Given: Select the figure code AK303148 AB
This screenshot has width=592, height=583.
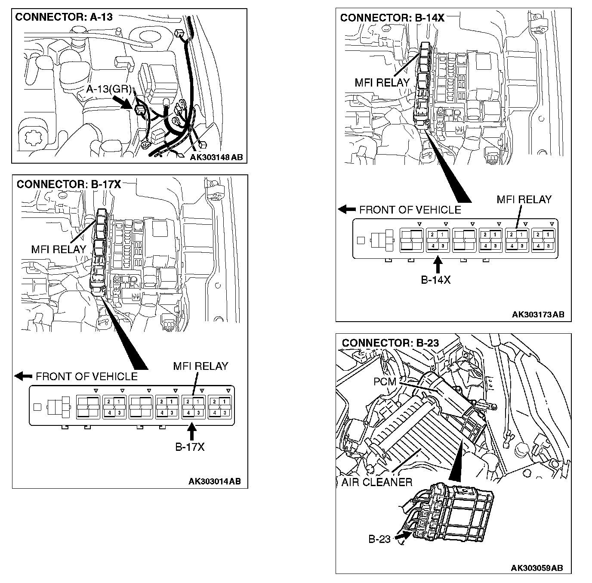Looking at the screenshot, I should [216, 157].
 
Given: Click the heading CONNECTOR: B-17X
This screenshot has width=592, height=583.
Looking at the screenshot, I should [68, 184].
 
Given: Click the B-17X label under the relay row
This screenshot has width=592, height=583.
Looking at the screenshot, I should [190, 447].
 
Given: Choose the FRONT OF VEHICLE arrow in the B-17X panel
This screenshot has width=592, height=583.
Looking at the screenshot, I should [23, 376].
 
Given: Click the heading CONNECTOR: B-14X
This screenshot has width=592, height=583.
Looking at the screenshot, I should [392, 18].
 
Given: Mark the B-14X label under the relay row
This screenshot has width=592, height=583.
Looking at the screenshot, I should [435, 280].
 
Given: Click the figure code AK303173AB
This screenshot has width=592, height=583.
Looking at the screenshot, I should [538, 315].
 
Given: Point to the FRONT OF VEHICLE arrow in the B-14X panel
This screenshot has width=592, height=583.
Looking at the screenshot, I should [347, 210].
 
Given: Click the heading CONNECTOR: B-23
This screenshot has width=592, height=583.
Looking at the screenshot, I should [390, 343].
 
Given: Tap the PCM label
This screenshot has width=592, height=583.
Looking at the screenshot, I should [385, 382].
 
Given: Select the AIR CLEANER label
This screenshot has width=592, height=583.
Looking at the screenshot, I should [376, 482].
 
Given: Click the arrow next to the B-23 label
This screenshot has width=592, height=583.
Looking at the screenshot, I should [401, 536].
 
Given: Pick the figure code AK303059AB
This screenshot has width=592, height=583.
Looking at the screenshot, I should [536, 568].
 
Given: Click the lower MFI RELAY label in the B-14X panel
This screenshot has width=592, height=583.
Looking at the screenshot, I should [524, 199].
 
